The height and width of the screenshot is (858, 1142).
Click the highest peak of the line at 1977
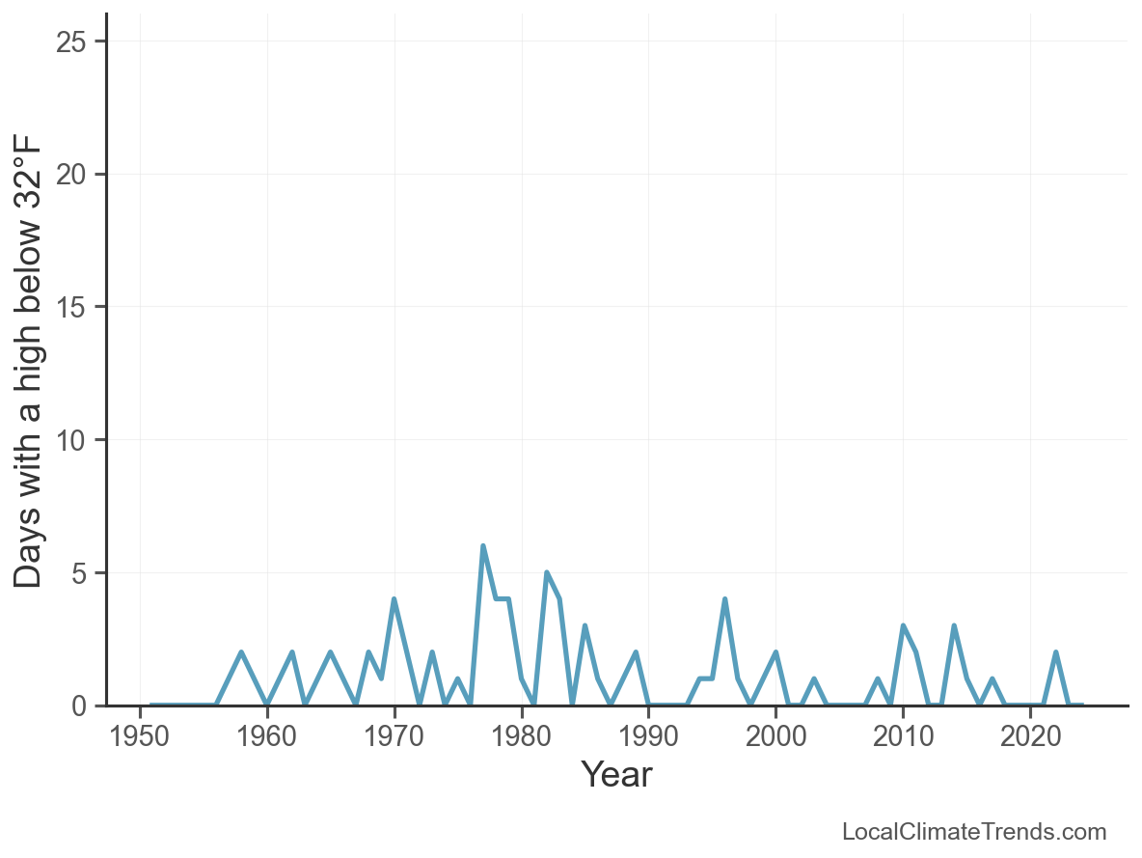pyautogui.click(x=483, y=546)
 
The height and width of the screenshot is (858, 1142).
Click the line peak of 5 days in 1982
pyautogui.click(x=547, y=572)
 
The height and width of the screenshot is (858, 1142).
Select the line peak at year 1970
pyautogui.click(x=394, y=599)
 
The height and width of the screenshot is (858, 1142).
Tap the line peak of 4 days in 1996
pyautogui.click(x=724, y=599)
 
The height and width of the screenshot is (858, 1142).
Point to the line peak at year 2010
pyautogui.click(x=903, y=625)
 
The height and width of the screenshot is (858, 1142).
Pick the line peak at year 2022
pyautogui.click(x=1056, y=652)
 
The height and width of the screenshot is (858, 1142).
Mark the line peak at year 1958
pyautogui.click(x=241, y=652)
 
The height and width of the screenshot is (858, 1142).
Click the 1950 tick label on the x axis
pyautogui.click(x=140, y=736)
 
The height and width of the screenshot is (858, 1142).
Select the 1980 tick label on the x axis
pyautogui.click(x=522, y=736)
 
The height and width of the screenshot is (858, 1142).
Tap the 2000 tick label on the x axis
pyautogui.click(x=775, y=736)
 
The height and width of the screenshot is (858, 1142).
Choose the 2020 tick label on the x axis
pyautogui.click(x=1030, y=736)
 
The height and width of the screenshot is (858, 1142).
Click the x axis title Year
pyautogui.click(x=616, y=775)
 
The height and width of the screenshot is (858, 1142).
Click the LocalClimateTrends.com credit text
pyautogui.click(x=974, y=832)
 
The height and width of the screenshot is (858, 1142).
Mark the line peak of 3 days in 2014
pyautogui.click(x=954, y=625)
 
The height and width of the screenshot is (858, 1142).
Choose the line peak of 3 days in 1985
pyautogui.click(x=585, y=625)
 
